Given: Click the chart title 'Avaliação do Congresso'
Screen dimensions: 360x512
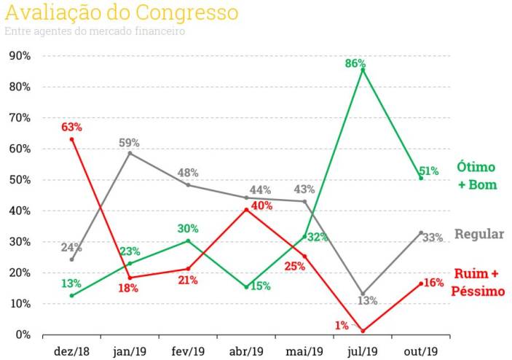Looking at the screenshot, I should [122, 12].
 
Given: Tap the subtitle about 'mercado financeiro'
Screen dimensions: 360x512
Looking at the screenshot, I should [95, 31].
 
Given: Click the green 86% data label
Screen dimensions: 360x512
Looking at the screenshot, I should [355, 63].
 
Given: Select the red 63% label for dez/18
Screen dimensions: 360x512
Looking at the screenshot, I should [71, 127].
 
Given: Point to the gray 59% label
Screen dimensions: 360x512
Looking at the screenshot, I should [129, 142].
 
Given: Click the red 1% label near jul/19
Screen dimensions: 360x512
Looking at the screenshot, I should [342, 326].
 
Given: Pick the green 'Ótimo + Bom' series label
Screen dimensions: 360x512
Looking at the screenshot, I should [477, 176].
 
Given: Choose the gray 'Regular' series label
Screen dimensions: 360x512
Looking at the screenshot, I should [479, 234].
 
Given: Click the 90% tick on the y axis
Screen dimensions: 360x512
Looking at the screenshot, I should [20, 56].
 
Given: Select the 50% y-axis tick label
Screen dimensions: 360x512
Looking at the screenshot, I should [20, 180].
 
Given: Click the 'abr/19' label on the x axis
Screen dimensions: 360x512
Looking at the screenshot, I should [246, 351].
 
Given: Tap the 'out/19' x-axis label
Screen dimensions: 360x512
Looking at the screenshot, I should [420, 351].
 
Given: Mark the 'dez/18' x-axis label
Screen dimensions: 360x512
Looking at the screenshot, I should [72, 351].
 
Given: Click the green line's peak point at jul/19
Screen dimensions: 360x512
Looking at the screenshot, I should [363, 69].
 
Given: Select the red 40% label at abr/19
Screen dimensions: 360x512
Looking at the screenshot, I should [261, 206].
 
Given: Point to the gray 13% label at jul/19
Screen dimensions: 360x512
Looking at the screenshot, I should [367, 301].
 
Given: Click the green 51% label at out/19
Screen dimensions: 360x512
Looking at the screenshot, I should [429, 171].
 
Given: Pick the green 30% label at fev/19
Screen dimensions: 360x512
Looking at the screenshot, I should [187, 229].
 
